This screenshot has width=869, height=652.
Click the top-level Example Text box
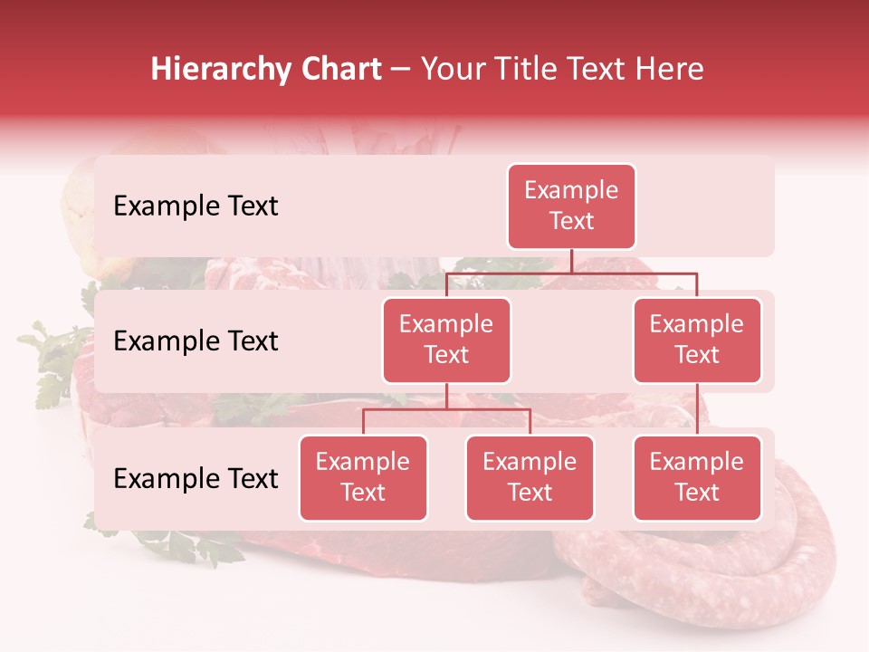coord(571,206)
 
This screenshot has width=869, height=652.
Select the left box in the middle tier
coord(446,340)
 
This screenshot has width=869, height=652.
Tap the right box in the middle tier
coord(697,340)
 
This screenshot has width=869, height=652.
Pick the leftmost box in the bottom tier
coord(363,478)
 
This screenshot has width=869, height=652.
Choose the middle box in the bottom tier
coord(530,478)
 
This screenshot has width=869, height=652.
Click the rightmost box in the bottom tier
coord(697,478)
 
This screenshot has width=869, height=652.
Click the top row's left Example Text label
coord(196,206)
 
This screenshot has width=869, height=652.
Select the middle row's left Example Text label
coord(196,341)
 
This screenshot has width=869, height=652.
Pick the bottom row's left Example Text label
coord(196,478)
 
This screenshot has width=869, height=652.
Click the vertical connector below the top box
coord(571,261)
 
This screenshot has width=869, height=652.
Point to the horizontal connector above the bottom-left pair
coord(446,409)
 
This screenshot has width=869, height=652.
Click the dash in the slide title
coord(401,70)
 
